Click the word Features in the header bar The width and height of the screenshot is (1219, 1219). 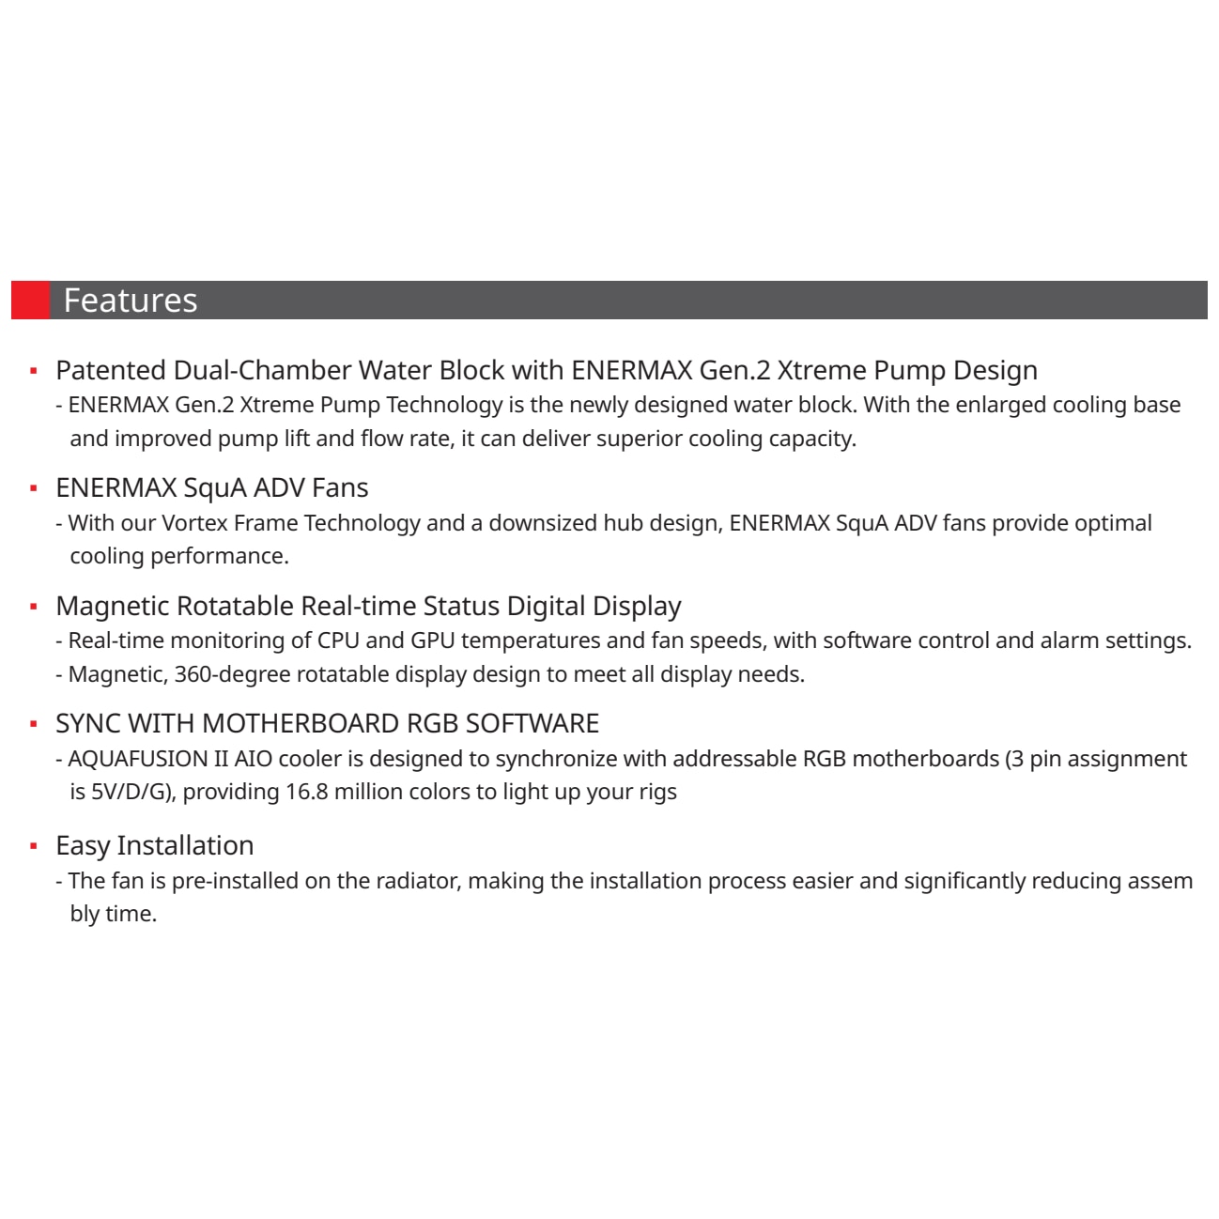point(130,301)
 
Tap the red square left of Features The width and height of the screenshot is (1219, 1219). point(30,301)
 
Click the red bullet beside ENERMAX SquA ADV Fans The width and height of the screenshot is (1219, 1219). point(34,488)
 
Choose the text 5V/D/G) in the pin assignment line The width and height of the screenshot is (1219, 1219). point(132,792)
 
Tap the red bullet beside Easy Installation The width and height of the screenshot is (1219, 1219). point(34,846)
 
